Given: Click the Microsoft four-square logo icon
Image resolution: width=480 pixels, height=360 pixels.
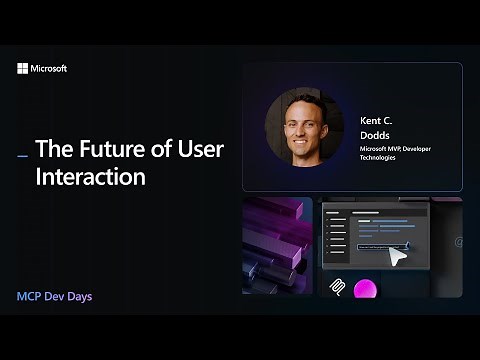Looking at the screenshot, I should (23, 69).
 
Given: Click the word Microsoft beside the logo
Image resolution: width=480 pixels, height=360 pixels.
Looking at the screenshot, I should (49, 69).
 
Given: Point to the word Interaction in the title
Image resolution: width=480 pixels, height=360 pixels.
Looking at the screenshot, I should (91, 178).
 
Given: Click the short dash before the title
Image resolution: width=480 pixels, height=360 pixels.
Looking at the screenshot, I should (22, 154).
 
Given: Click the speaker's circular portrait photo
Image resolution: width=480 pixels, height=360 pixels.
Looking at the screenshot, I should (304, 128).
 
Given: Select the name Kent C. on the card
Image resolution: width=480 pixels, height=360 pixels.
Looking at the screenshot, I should (377, 119).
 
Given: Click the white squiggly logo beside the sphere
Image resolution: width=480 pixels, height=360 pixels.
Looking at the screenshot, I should (338, 289).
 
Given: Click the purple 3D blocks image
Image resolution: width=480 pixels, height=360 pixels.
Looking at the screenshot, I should (277, 245).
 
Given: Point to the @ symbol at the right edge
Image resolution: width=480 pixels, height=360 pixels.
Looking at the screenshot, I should (458, 242).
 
